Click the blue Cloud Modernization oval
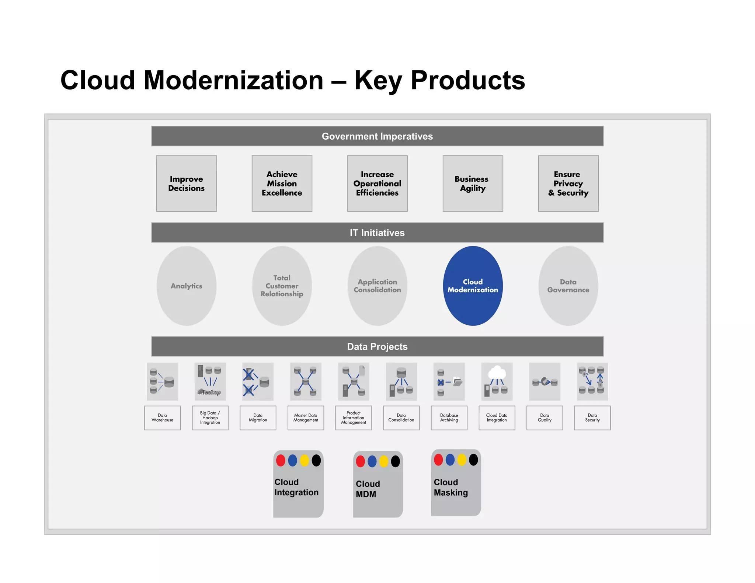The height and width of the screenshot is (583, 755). click(473, 286)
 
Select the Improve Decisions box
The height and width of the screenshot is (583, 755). click(186, 184)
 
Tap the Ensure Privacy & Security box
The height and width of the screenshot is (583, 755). click(568, 184)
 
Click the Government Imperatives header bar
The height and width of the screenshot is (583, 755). click(377, 136)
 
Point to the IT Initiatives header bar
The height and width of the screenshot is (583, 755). click(377, 233)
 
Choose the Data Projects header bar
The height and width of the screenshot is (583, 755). click(377, 346)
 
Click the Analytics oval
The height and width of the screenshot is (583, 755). click(186, 286)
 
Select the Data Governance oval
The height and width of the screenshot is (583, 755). click(568, 286)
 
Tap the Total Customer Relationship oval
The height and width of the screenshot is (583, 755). click(282, 286)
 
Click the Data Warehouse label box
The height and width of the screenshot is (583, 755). click(162, 418)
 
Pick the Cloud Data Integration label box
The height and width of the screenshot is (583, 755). click(497, 418)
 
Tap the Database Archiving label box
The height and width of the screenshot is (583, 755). click(449, 418)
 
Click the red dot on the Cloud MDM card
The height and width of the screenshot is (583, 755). click(360, 461)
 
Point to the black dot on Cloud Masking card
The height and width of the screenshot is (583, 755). click(473, 460)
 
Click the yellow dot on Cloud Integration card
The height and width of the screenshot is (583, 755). click(304, 460)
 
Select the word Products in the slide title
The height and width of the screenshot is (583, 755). click(467, 80)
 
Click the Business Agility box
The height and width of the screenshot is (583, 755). click(473, 184)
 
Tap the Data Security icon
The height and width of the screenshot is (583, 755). click(592, 381)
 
